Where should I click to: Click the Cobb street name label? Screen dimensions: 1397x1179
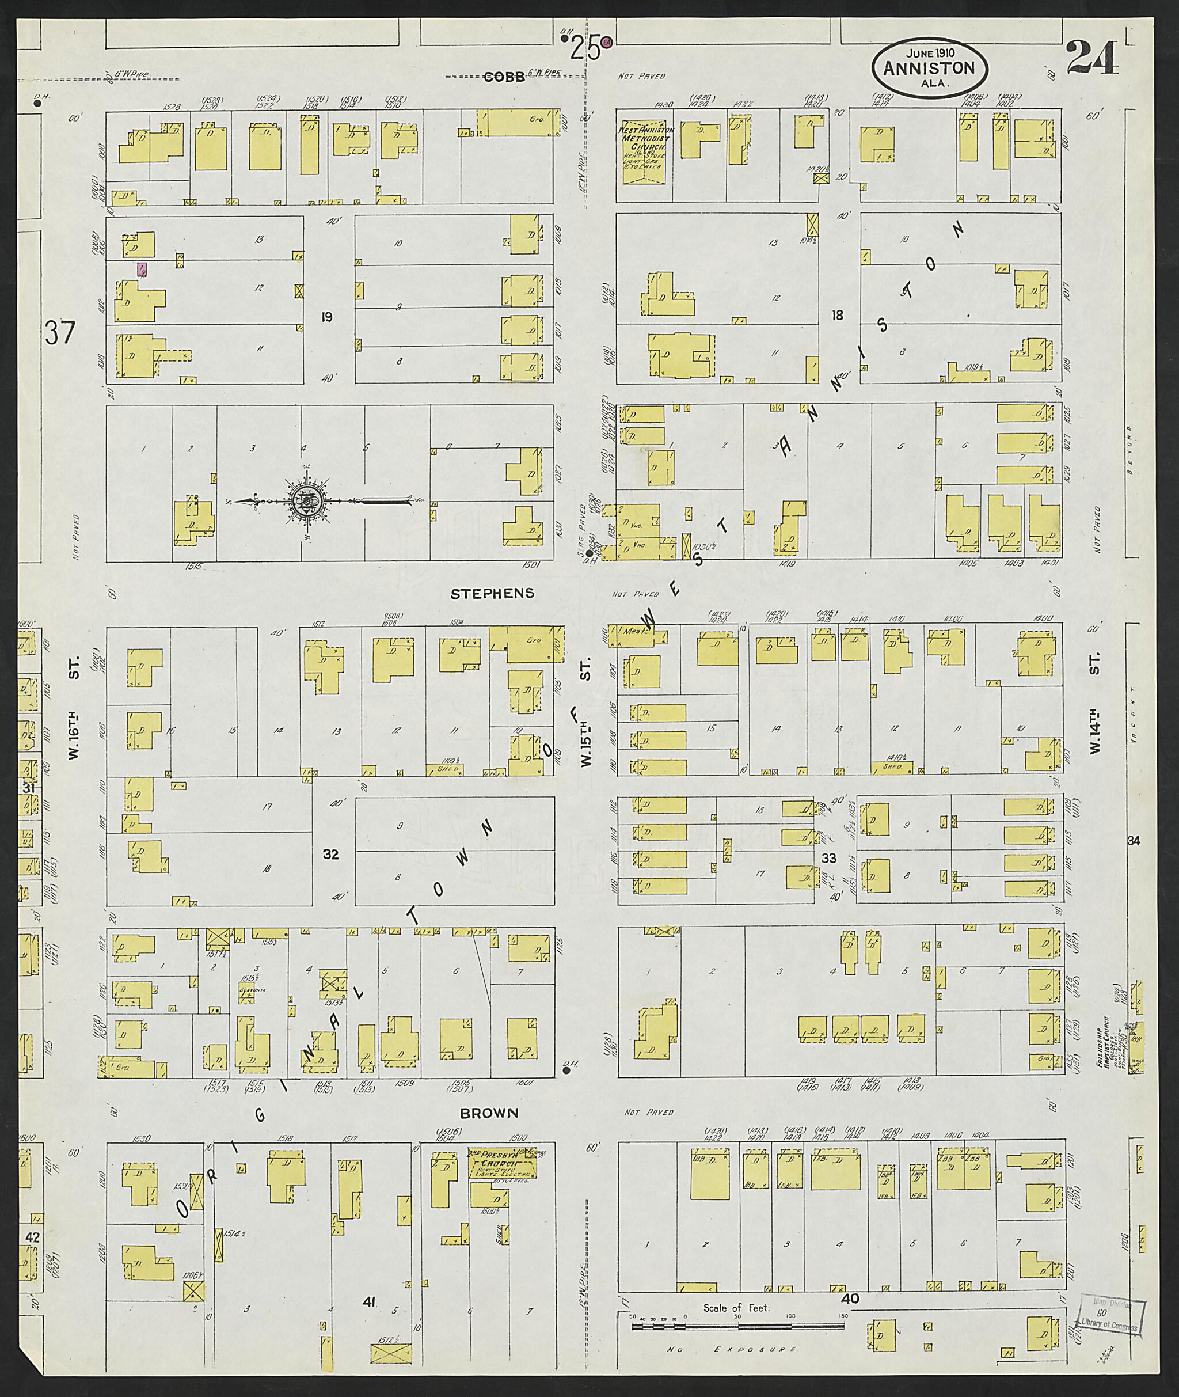click(x=505, y=77)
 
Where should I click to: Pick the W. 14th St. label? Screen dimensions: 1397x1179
click(x=1095, y=713)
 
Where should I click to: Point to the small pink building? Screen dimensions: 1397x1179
click(x=142, y=270)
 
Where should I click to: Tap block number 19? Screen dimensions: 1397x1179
click(x=327, y=316)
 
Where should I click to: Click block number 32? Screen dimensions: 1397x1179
click(x=331, y=854)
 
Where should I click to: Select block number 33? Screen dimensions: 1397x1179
click(x=829, y=857)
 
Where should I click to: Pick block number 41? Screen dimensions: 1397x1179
click(x=368, y=1301)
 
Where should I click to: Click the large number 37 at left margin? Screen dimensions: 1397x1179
click(x=60, y=332)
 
